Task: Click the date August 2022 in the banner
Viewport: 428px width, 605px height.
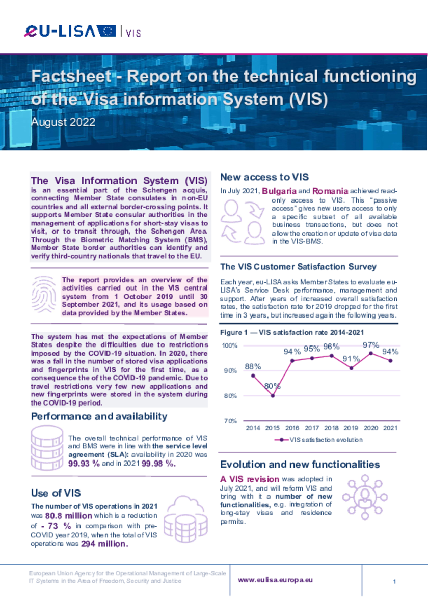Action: click(x=63, y=122)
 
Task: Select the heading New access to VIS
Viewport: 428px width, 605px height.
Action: click(x=264, y=177)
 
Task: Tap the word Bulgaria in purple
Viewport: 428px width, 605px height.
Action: click(x=279, y=191)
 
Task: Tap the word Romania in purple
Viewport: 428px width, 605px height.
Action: click(x=330, y=191)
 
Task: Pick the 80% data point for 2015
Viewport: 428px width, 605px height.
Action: click(x=273, y=395)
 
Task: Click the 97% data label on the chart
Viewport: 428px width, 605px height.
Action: click(x=370, y=345)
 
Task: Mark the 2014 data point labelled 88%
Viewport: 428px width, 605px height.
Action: click(x=253, y=376)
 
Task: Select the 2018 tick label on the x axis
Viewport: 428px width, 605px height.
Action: click(x=331, y=428)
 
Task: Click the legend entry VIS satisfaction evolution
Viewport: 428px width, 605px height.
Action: click(x=320, y=440)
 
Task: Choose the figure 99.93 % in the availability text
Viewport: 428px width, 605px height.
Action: click(x=84, y=464)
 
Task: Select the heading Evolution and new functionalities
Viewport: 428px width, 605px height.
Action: click(x=300, y=464)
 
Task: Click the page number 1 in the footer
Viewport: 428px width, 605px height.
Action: click(x=395, y=582)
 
